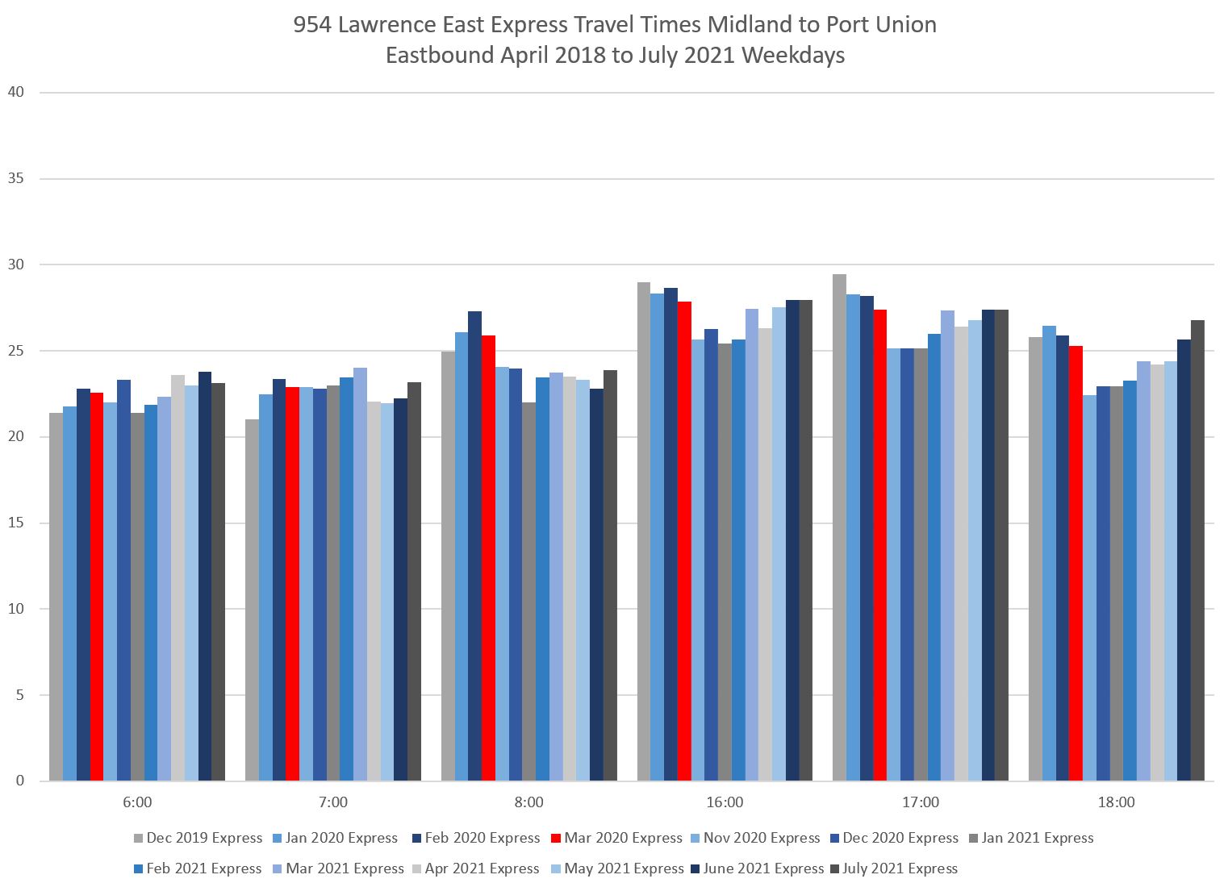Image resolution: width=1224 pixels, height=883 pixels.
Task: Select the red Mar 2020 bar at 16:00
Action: [x=684, y=541]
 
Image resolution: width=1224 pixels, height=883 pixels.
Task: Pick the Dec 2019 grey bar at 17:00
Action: [x=839, y=527]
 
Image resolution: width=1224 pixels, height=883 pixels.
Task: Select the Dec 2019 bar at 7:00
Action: [x=252, y=600]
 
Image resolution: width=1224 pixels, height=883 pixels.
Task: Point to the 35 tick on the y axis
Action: [x=16, y=178]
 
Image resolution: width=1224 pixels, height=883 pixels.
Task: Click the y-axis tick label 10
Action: [x=16, y=609]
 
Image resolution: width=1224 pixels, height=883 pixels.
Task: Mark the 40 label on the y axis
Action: [x=16, y=92]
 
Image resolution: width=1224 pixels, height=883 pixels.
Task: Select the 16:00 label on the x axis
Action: [x=725, y=802]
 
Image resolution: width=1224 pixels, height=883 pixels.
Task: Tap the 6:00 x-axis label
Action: [x=137, y=802]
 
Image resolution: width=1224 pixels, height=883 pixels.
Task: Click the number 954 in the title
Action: [x=311, y=24]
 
